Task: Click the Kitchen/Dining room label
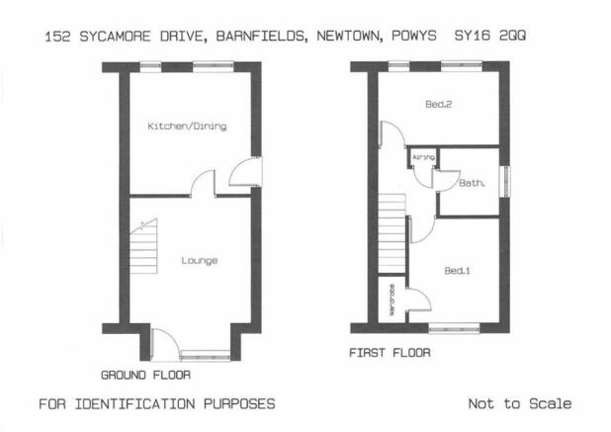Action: pyautogui.click(x=187, y=127)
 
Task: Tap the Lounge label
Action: pyautogui.click(x=200, y=261)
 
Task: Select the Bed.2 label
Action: pyautogui.click(x=438, y=104)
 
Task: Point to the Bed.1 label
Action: pyautogui.click(x=457, y=270)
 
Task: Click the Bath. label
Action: pyautogui.click(x=472, y=183)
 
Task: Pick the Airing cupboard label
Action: pyautogui.click(x=423, y=157)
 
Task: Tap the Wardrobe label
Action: pyautogui.click(x=392, y=300)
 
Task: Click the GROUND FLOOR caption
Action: pyautogui.click(x=145, y=375)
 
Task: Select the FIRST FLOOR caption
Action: pyautogui.click(x=390, y=353)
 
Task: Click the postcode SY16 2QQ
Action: pyautogui.click(x=490, y=36)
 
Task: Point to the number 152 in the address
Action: pyautogui.click(x=57, y=37)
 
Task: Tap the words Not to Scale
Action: pyautogui.click(x=520, y=403)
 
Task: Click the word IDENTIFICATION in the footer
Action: pyautogui.click(x=134, y=404)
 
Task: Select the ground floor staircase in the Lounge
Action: pyautogui.click(x=143, y=246)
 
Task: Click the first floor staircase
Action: pyautogui.click(x=392, y=232)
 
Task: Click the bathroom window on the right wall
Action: pyautogui.click(x=504, y=182)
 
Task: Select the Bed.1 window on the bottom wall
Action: pyautogui.click(x=454, y=328)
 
